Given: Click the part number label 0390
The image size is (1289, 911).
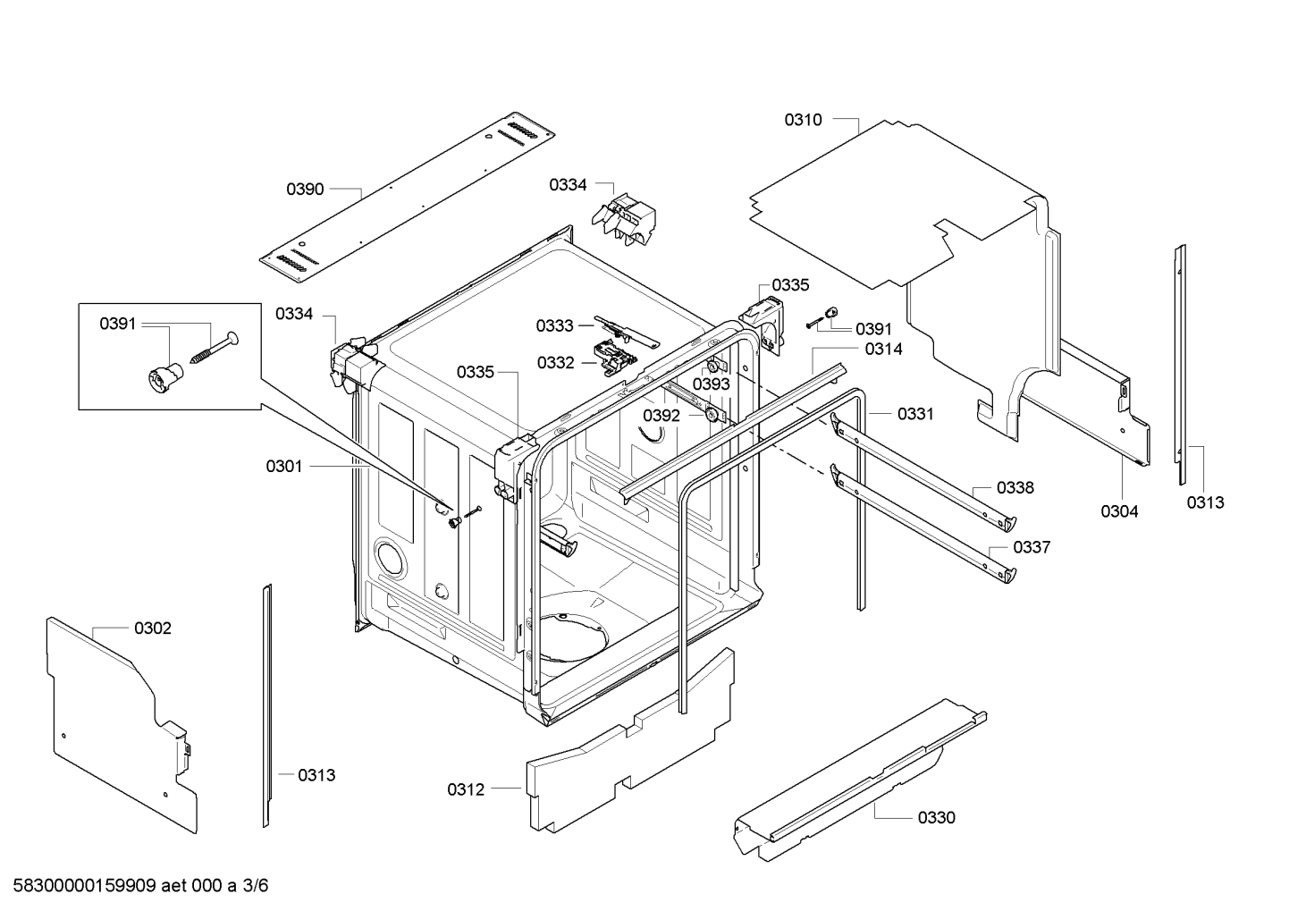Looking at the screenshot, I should point(305,190).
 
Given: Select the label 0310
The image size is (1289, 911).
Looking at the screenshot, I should point(803,120).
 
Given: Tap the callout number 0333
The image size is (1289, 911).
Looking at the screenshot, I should point(554,326).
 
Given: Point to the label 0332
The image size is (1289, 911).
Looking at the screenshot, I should point(555,363).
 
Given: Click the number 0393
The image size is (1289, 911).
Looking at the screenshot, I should point(712,384).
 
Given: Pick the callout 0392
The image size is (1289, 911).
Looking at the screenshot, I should point(661,416).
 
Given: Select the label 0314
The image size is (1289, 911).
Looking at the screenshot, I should point(883,350).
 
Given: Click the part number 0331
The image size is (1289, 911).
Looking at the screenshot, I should point(915,414).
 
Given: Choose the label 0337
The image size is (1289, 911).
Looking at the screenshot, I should point(1032,547).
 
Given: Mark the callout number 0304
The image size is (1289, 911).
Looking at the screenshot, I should point(1119,511).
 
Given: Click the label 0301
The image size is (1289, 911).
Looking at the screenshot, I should point(284,466).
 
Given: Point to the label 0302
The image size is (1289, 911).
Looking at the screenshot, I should point(153,628).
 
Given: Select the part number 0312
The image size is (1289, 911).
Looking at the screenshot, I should point(466,789).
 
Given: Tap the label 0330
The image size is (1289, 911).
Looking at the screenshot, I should point(936,817).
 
